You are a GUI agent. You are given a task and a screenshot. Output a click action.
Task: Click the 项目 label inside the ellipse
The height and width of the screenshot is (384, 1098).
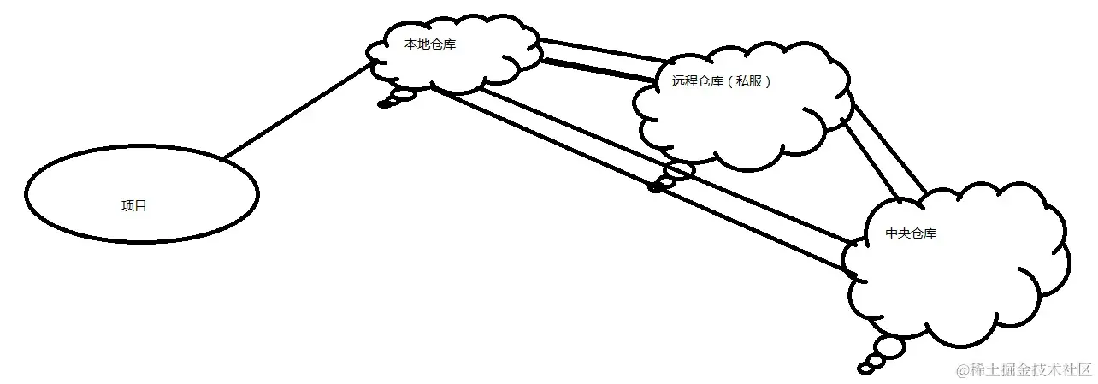point(134,206)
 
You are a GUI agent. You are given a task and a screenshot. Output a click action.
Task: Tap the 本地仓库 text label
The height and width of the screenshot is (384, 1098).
point(429,44)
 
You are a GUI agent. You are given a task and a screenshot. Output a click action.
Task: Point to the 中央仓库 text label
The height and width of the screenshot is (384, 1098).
point(911,233)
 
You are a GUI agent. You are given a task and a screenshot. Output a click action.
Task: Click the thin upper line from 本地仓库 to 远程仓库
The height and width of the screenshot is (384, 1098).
point(603,49)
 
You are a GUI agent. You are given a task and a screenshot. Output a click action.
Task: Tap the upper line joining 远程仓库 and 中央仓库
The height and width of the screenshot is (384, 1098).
point(890,145)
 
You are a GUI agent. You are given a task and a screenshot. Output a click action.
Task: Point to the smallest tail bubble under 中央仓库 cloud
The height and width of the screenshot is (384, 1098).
point(865,369)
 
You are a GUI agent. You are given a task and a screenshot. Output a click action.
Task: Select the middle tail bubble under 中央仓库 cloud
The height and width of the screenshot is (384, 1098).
point(876,360)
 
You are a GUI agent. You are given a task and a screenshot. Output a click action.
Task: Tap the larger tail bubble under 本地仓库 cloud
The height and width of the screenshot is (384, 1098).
point(403,95)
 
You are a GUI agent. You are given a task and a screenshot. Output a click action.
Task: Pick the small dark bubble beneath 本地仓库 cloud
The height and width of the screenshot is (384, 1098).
point(385,104)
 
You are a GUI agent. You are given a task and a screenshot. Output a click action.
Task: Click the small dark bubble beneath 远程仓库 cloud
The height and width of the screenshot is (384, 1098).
point(657,186)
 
